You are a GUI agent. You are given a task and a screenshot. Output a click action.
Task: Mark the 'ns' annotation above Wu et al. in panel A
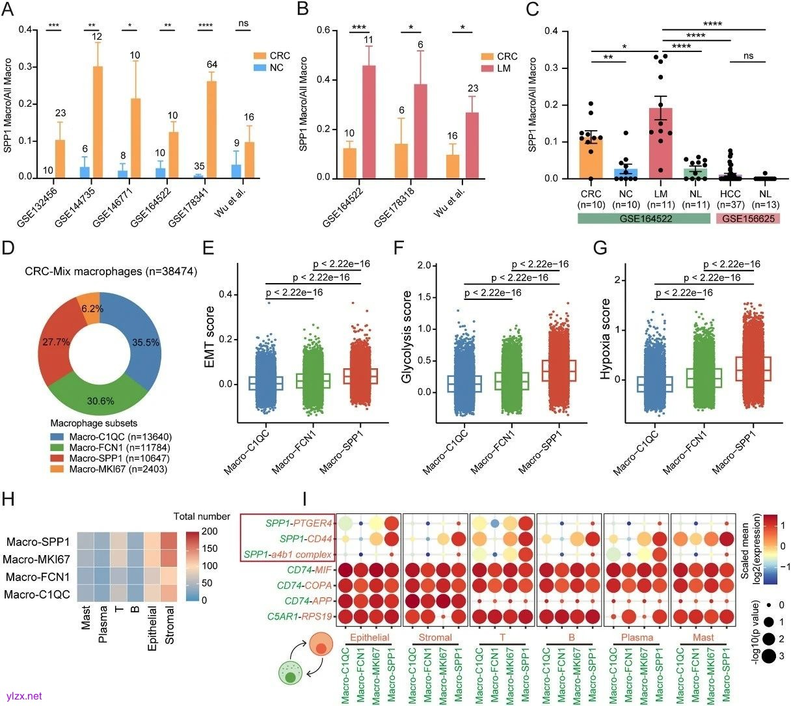point(244,23)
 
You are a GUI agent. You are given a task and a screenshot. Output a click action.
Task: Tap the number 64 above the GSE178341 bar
point(212,64)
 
